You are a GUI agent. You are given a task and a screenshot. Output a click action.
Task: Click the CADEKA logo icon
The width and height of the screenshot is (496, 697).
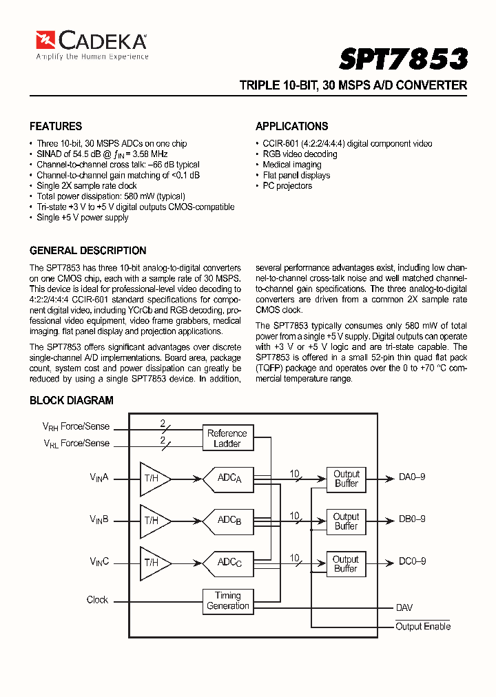(46, 40)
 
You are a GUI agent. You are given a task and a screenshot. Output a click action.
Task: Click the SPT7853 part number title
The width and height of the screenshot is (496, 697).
(403, 59)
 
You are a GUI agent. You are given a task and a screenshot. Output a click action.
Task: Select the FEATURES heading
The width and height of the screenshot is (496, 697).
(56, 126)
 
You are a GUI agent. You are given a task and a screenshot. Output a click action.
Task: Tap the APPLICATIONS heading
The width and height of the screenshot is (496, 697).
(291, 126)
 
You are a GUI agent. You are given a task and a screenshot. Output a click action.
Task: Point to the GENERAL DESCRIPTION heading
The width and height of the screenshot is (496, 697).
(87, 251)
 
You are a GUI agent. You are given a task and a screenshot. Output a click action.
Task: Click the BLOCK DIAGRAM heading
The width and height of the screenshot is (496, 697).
(71, 400)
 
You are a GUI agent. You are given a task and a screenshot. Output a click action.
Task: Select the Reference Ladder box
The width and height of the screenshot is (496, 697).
(227, 439)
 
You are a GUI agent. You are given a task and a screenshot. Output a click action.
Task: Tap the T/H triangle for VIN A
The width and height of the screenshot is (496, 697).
(154, 478)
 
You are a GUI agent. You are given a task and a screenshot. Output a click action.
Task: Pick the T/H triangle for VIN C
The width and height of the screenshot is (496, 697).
(154, 562)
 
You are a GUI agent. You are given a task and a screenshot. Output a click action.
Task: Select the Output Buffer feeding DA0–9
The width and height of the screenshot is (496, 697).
(346, 479)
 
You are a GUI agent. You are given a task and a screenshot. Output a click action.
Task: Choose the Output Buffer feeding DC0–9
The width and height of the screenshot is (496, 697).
(346, 563)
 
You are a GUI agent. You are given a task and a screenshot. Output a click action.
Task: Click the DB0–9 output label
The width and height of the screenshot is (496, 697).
(412, 519)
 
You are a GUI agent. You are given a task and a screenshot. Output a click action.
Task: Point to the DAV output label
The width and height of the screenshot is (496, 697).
(404, 608)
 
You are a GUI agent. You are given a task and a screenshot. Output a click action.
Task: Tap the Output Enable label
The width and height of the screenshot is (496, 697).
(423, 626)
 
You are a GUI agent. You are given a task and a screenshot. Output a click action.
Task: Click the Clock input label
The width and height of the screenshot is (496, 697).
(97, 600)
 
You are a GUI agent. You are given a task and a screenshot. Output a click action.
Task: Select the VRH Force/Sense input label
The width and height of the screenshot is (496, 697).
(76, 427)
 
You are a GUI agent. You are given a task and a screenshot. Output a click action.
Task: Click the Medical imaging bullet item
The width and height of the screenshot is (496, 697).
(291, 165)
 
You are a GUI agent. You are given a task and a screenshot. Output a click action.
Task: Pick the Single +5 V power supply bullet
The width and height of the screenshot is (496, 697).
(82, 218)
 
